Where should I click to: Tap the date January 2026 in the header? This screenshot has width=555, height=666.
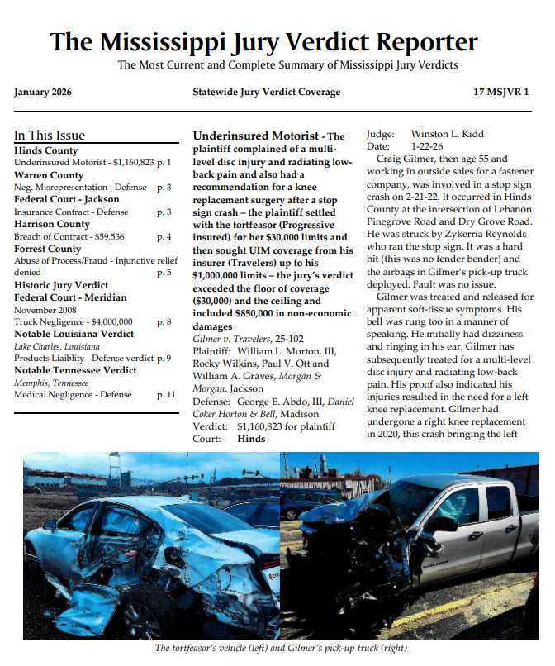pyautogui.click(x=43, y=92)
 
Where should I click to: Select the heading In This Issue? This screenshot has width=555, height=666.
pyautogui.click(x=50, y=136)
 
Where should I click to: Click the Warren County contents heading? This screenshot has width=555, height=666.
pyautogui.click(x=49, y=175)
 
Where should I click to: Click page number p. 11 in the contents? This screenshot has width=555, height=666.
pyautogui.click(x=165, y=394)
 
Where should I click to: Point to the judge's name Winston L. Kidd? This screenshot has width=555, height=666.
pyautogui.click(x=448, y=134)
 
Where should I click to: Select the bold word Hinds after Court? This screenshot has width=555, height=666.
pyautogui.click(x=251, y=438)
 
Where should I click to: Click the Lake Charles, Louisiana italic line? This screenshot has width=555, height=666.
pyautogui.click(x=55, y=346)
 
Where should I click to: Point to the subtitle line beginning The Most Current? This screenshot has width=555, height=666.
pyautogui.click(x=287, y=64)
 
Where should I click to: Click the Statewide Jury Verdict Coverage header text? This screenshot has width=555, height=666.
pyautogui.click(x=266, y=92)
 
